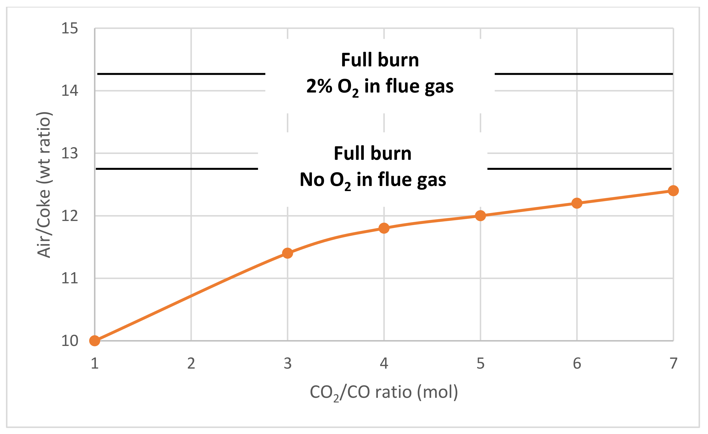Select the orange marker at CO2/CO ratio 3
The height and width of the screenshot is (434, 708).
tap(287, 253)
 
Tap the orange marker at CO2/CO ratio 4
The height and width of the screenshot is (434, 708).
tap(384, 228)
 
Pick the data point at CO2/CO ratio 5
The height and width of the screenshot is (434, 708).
tap(480, 216)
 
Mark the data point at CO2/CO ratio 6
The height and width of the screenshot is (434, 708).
tap(577, 203)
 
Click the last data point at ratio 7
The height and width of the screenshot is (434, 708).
tap(673, 191)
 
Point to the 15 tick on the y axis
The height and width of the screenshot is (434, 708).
tap(69, 28)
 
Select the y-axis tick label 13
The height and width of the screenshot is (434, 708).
tap(69, 153)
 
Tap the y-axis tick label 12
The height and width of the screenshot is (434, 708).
tap(69, 216)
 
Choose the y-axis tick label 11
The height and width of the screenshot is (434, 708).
tap(69, 278)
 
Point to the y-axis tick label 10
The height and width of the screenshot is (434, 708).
tap(69, 341)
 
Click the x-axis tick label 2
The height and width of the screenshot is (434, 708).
tap(191, 363)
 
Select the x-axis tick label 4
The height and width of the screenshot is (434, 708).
tap(384, 363)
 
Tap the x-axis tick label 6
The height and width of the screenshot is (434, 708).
tap(577, 363)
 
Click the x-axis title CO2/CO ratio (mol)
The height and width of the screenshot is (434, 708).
tap(384, 392)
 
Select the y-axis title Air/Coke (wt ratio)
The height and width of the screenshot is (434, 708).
tap(44, 185)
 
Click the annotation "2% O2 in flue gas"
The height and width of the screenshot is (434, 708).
tap(380, 86)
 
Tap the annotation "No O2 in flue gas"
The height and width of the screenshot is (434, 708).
tap(373, 180)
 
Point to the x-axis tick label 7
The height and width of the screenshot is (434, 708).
tap(673, 363)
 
